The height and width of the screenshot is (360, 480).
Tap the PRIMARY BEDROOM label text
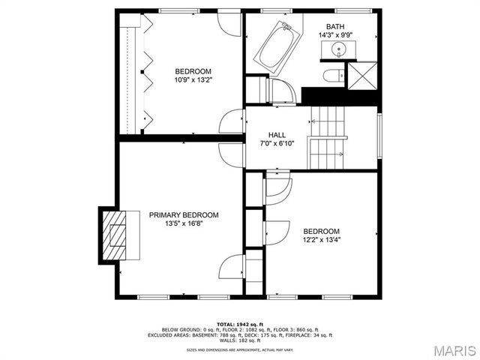point(184,214)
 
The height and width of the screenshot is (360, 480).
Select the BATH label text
point(336,27)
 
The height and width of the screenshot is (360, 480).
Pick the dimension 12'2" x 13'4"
point(322,240)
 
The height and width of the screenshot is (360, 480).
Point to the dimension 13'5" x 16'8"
point(184,223)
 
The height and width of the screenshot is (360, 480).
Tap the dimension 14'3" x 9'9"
point(336,35)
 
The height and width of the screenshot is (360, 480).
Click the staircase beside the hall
point(328,139)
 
